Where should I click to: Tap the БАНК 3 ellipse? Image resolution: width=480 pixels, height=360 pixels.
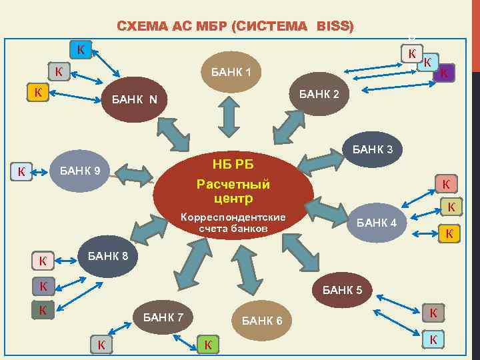377,149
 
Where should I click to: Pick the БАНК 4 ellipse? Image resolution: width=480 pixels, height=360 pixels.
377,223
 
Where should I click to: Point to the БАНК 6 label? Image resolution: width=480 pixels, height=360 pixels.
262,321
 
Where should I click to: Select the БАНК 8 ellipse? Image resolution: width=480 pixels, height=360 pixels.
103,256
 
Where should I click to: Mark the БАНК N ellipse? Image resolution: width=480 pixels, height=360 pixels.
135,101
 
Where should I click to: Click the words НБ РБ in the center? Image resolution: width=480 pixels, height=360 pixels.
233,165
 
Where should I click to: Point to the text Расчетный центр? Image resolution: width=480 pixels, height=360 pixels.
233,190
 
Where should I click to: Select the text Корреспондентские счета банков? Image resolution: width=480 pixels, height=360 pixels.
233,223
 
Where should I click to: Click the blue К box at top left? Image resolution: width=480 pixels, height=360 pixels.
81,49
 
